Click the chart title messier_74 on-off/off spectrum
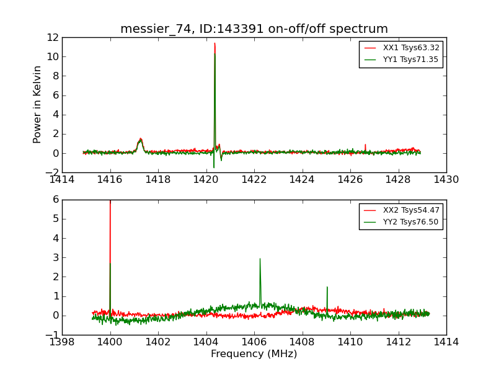pos(254,29)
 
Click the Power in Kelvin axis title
pos(38,104)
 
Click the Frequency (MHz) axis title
pos(254,354)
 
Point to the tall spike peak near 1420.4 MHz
pos(215,44)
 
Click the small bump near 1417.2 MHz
pos(141,139)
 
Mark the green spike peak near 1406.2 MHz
pos(260,259)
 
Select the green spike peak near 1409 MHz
pos(327,287)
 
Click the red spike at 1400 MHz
pos(110,202)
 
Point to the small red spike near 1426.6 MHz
pos(365,145)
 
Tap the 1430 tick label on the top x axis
pos(446,180)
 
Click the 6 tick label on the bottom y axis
pos(56,200)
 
